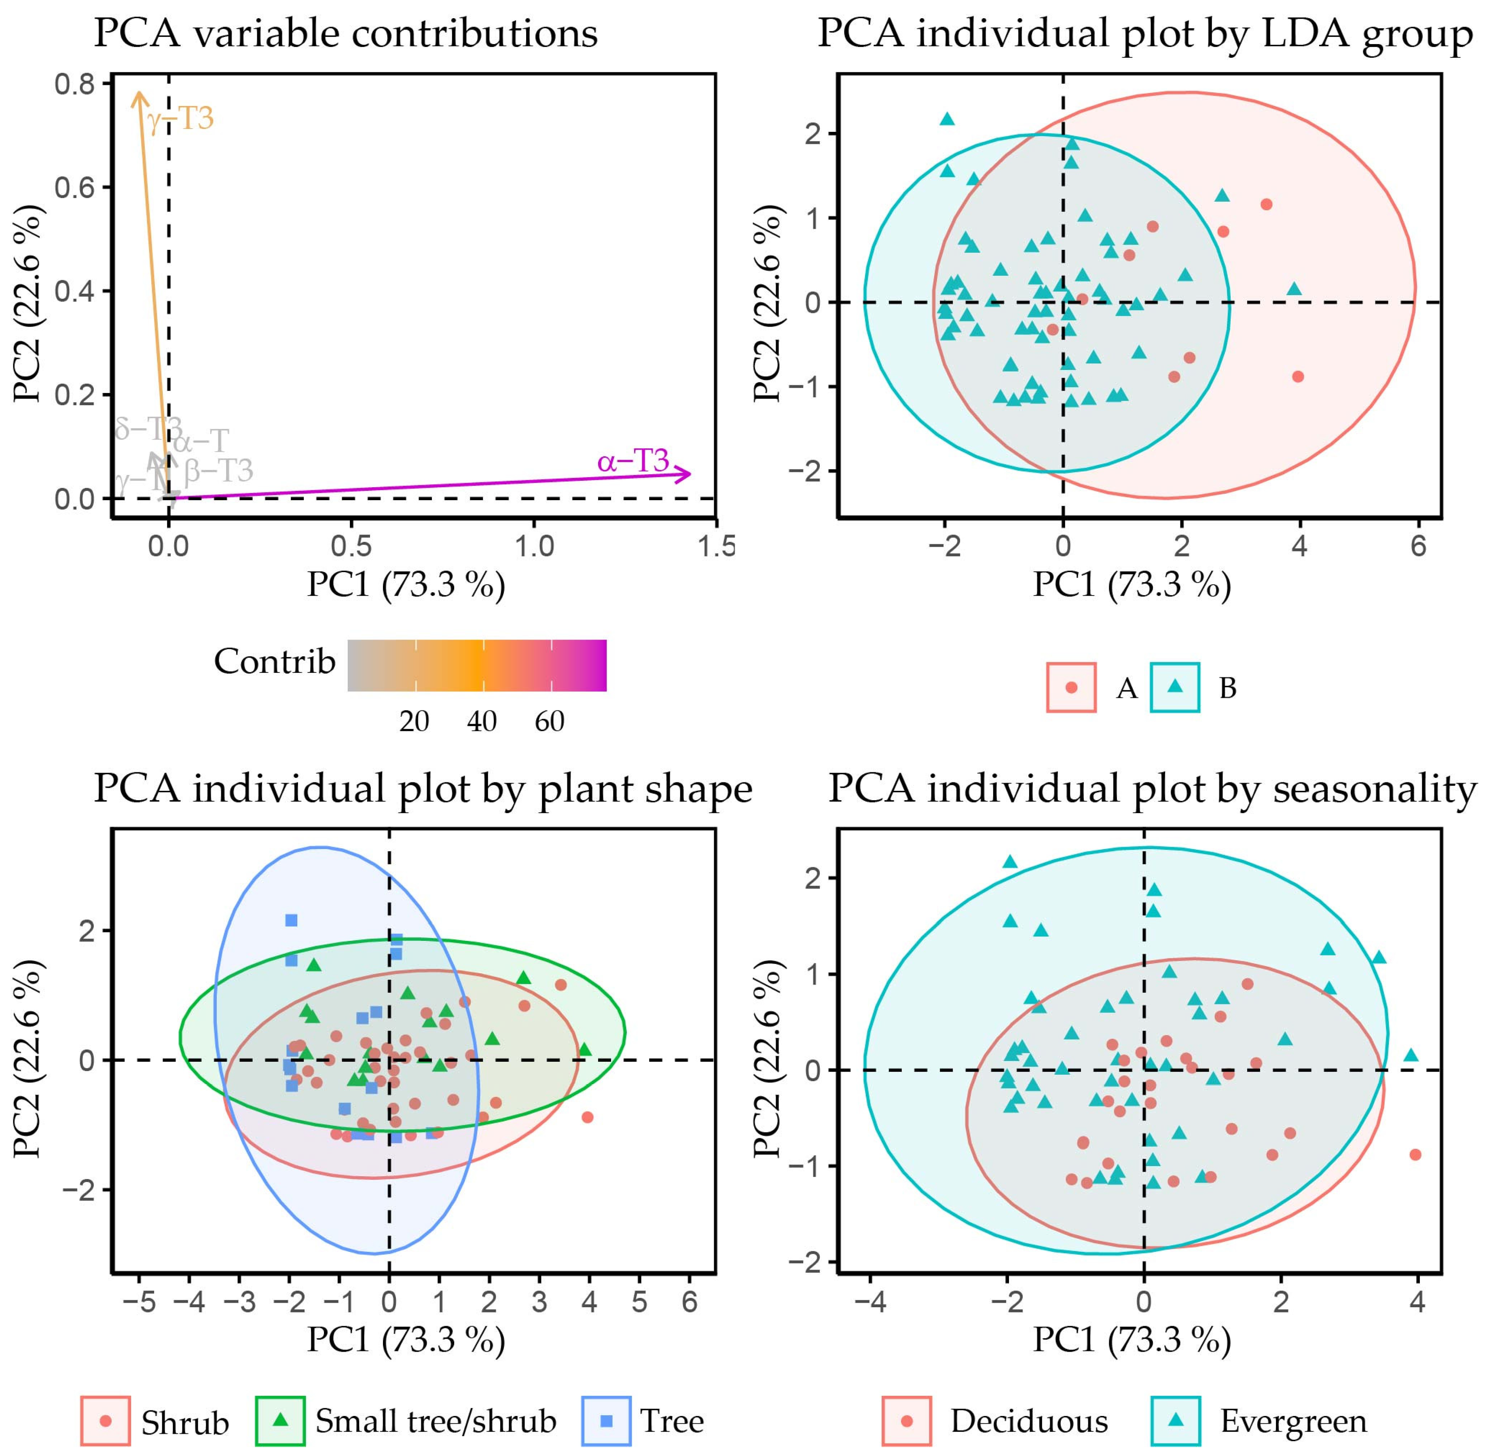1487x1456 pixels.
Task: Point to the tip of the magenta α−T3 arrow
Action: coord(690,474)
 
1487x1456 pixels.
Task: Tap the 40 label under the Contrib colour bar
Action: coord(482,721)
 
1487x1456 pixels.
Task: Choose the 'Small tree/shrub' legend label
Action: coord(436,1421)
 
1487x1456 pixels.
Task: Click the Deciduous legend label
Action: coord(1029,1421)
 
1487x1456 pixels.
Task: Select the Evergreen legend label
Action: coord(1293,1421)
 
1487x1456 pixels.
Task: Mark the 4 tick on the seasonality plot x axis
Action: coord(1417,1302)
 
